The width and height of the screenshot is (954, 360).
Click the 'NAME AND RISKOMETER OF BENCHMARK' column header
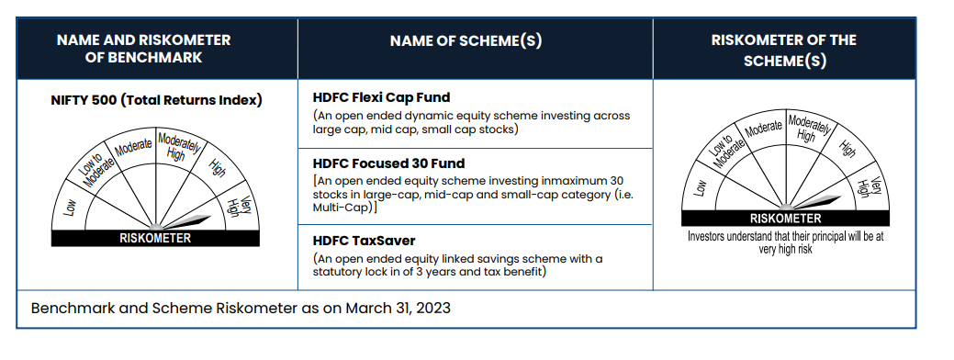point(143,49)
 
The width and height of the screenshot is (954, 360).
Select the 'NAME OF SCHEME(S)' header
point(466,40)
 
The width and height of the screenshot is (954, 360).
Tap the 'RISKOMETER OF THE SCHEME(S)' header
point(783,51)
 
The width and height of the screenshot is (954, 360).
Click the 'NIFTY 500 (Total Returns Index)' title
point(156,100)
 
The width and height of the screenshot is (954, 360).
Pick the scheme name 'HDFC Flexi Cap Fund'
point(381,97)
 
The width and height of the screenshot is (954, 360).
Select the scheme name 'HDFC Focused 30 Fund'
point(388,163)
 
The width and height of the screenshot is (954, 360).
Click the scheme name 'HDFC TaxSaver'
point(364,241)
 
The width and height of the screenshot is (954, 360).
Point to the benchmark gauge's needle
point(185,221)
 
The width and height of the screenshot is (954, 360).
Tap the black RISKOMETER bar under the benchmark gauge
point(155,239)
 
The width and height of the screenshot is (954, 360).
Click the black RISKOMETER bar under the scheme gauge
point(785,219)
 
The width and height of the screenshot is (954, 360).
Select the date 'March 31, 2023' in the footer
point(398,308)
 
